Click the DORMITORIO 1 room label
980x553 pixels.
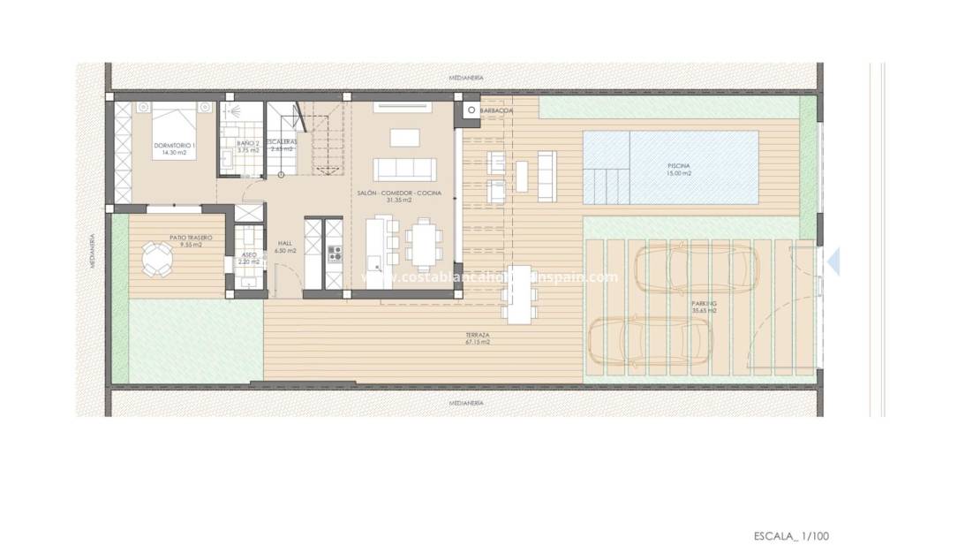(174, 145)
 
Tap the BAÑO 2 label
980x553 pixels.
(248, 142)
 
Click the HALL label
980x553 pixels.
(285, 243)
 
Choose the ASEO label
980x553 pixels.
(249, 254)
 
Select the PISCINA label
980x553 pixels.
(679, 166)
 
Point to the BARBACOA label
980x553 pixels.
(497, 111)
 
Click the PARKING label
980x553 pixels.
(705, 303)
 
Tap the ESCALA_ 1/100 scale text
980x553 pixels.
(791, 535)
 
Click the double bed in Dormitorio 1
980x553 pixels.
(171, 123)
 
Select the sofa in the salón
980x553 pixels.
(405, 169)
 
